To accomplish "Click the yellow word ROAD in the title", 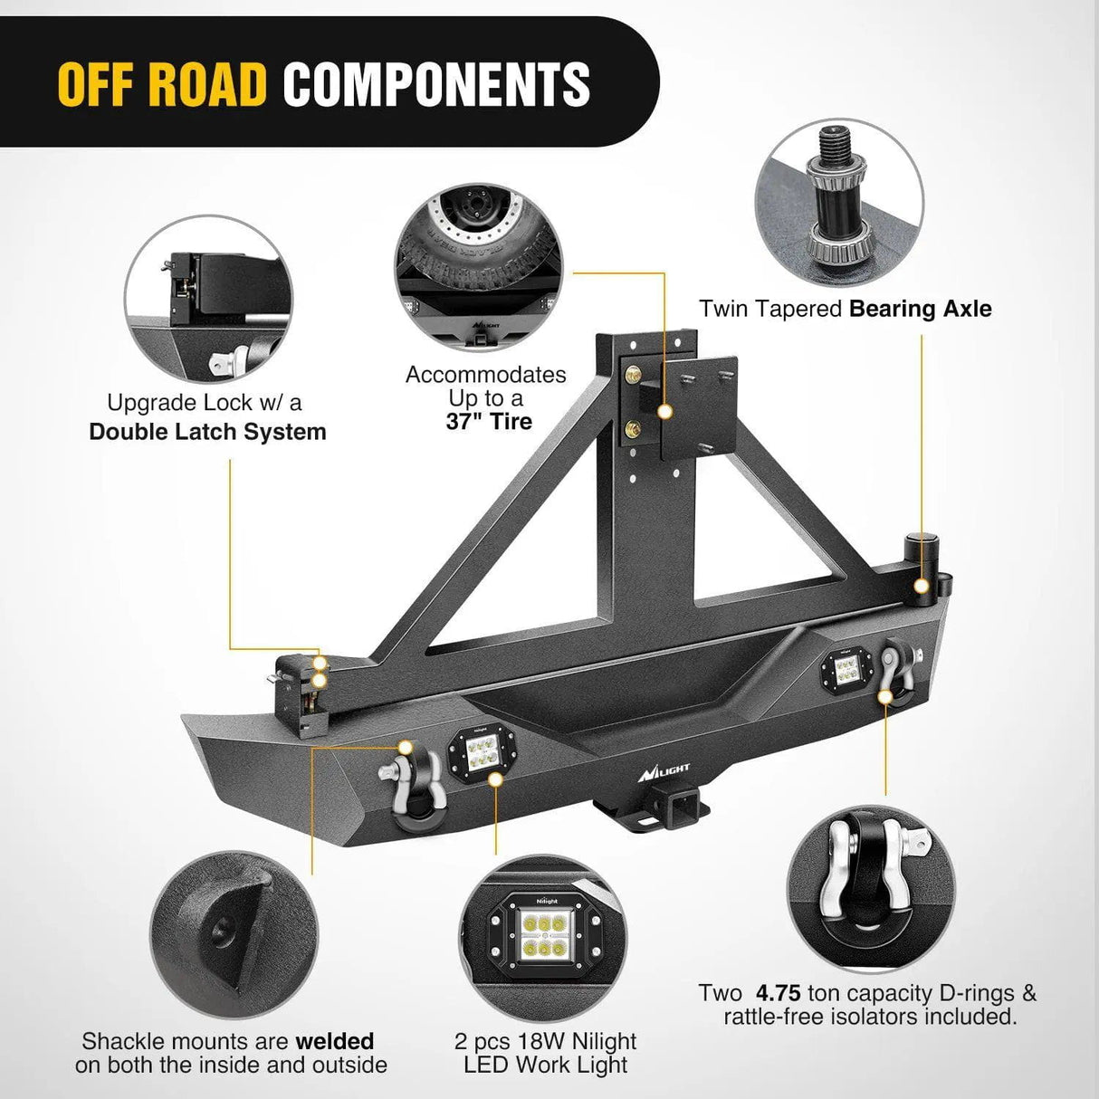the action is click(209, 84).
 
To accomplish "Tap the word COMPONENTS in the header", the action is click(436, 84).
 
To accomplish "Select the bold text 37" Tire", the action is click(489, 422).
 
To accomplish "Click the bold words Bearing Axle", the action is click(921, 309).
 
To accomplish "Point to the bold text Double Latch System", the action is click(207, 432).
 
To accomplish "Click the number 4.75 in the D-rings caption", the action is click(778, 993).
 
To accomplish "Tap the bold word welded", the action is click(335, 1041).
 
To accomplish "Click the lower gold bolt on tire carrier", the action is click(631, 428).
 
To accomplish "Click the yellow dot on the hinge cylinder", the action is click(921, 587).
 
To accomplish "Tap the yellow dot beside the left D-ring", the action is click(405, 747).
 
